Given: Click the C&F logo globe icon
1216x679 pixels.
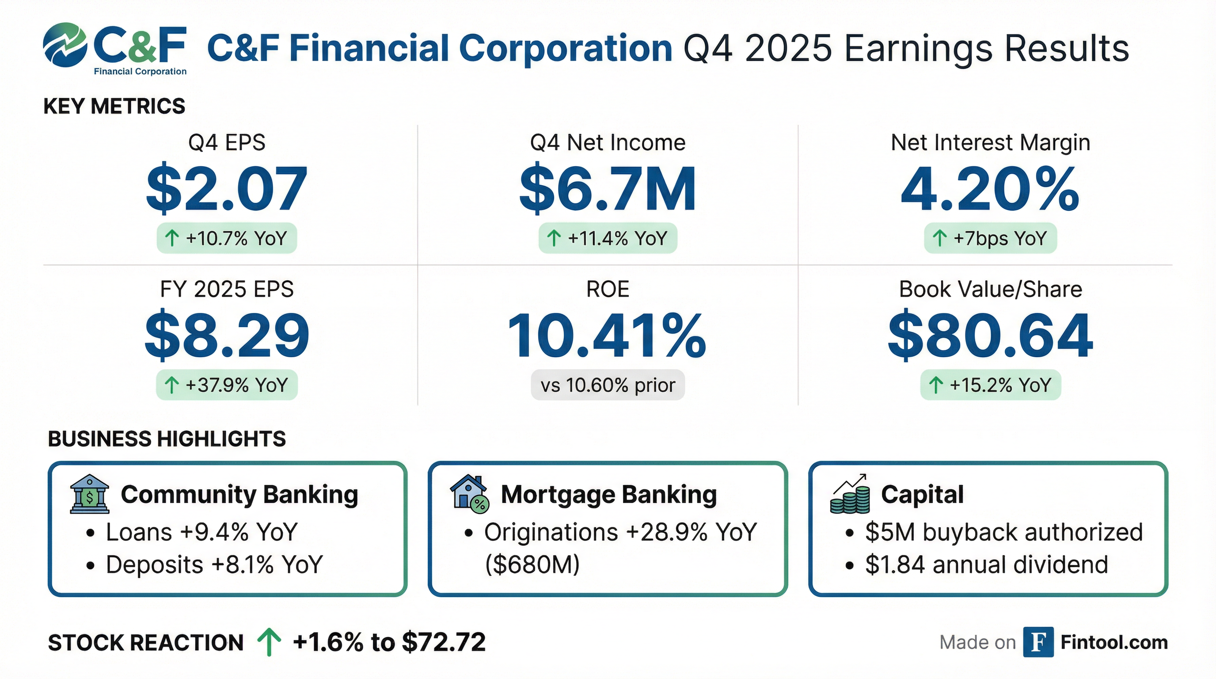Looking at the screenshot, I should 65,44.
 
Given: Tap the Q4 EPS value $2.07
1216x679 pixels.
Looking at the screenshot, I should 227,189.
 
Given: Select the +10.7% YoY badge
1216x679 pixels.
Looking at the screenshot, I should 227,238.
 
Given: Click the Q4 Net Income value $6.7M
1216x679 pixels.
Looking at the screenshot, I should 608,189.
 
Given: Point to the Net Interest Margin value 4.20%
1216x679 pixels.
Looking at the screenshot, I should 990,189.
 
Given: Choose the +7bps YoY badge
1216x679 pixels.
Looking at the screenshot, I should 990,238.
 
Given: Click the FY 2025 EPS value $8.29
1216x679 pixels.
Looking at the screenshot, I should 227,335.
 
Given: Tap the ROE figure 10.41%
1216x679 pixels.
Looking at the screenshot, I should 607,335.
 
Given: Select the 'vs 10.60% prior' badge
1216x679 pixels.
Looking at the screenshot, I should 608,385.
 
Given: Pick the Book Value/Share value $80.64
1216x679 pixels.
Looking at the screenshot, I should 990,335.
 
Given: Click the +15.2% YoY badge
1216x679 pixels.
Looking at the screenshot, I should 990,385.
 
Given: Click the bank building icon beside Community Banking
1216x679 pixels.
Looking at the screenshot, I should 89,494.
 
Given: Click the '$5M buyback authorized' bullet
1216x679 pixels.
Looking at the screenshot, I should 1003,532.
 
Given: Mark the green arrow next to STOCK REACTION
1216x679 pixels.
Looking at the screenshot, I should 269,642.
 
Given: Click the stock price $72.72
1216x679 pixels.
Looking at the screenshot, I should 444,642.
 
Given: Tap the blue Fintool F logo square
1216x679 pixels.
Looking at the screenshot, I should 1038,642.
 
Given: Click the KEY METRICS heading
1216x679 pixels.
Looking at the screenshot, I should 114,106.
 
